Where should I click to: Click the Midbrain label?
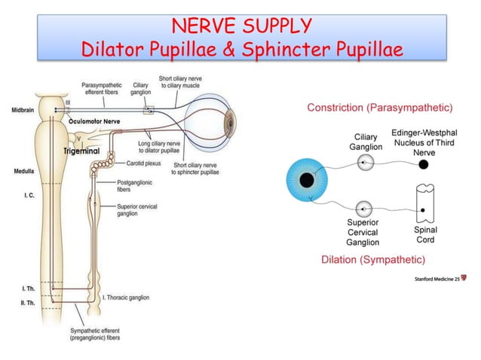click(22, 110)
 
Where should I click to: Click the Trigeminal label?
click(81, 151)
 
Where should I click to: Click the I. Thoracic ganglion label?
click(130, 297)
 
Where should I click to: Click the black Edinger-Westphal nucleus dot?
click(423, 163)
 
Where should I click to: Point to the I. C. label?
click(25, 196)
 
